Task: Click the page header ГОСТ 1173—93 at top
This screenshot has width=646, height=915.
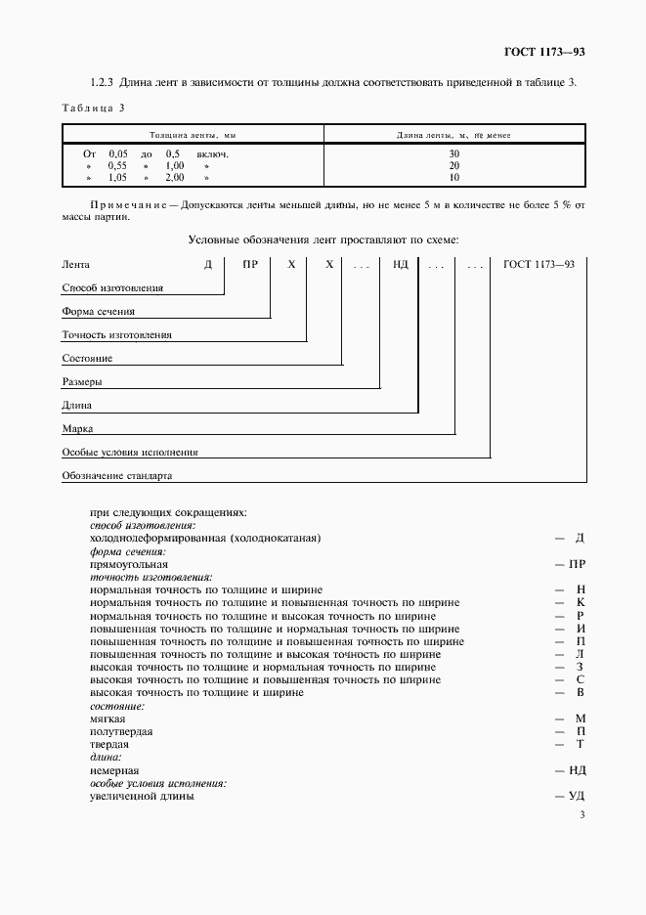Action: point(543,51)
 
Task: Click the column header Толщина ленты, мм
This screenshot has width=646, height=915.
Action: point(192,135)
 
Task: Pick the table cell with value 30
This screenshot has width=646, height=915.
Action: point(453,154)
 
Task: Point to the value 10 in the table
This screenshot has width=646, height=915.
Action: point(453,178)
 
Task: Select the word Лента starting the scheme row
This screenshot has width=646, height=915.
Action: point(76,264)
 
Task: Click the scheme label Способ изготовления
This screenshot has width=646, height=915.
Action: point(111,288)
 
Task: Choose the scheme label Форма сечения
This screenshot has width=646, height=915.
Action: point(98,312)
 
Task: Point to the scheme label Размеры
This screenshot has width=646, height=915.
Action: point(82,382)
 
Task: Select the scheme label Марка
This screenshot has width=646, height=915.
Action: point(77,429)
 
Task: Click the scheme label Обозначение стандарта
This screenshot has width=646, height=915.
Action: point(116,476)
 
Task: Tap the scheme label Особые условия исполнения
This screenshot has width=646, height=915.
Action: point(129,453)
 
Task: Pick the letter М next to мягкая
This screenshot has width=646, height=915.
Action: point(580,719)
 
